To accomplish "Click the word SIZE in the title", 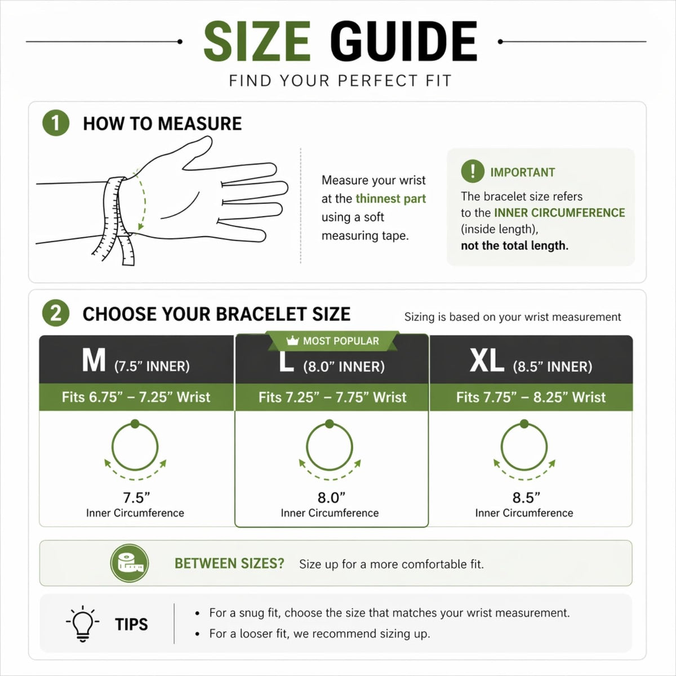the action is pyautogui.click(x=257, y=41).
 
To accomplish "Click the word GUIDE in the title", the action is pyautogui.click(x=403, y=41).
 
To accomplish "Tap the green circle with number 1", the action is pyautogui.click(x=56, y=123).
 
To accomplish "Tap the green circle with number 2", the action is pyautogui.click(x=56, y=313).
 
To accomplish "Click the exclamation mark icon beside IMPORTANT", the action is pyautogui.click(x=473, y=171).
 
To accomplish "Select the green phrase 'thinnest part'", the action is pyautogui.click(x=390, y=198).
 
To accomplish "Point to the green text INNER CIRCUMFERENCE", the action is pyautogui.click(x=559, y=212).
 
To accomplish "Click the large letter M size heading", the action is pyautogui.click(x=94, y=360).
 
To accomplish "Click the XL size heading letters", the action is pyautogui.click(x=487, y=361).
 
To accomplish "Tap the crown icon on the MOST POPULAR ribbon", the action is pyautogui.click(x=292, y=340).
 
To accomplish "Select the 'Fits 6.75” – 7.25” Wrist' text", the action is pyautogui.click(x=136, y=397).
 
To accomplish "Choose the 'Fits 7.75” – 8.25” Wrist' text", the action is pyautogui.click(x=531, y=397).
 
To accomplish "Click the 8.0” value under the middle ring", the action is pyautogui.click(x=331, y=497).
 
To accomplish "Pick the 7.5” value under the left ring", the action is pyautogui.click(x=136, y=497).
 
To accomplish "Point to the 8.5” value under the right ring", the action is pyautogui.click(x=526, y=497).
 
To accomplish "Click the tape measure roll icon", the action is pyautogui.click(x=130, y=563).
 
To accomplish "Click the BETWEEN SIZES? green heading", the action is pyautogui.click(x=229, y=563).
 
